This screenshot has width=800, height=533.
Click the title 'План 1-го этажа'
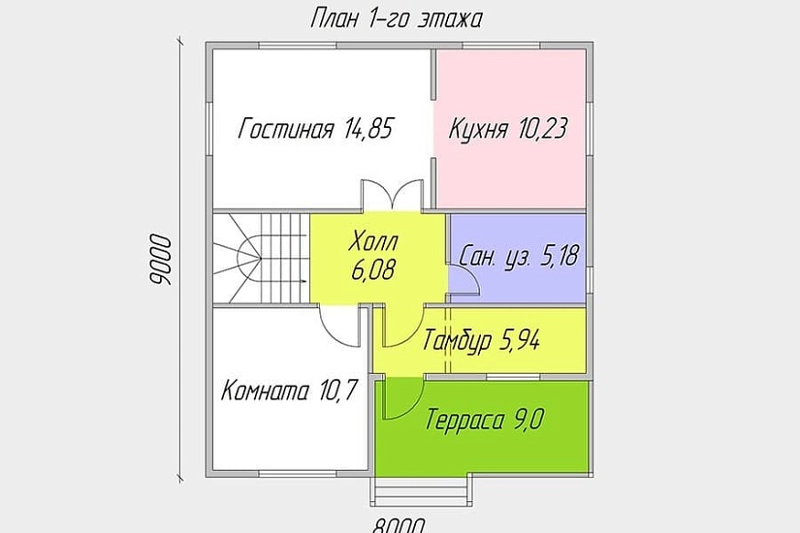tap(396, 18)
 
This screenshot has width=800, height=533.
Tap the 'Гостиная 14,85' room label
tap(316, 129)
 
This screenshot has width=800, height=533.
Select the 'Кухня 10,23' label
tap(507, 129)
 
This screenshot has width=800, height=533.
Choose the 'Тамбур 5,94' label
tap(481, 340)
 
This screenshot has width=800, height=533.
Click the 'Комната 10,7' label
tap(290, 392)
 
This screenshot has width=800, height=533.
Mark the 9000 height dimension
tap(161, 260)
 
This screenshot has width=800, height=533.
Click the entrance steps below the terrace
tap(419, 490)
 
